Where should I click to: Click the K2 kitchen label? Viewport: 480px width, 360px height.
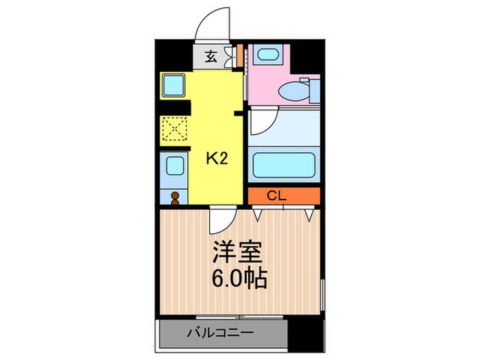[x=217, y=159]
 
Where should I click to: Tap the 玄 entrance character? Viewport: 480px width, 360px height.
[x=212, y=57]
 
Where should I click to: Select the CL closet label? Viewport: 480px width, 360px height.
[x=276, y=196]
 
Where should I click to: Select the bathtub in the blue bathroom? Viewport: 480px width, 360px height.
[x=283, y=165]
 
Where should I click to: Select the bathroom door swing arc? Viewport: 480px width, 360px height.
[x=261, y=122]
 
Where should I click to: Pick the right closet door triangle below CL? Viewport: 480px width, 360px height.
[x=311, y=215]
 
